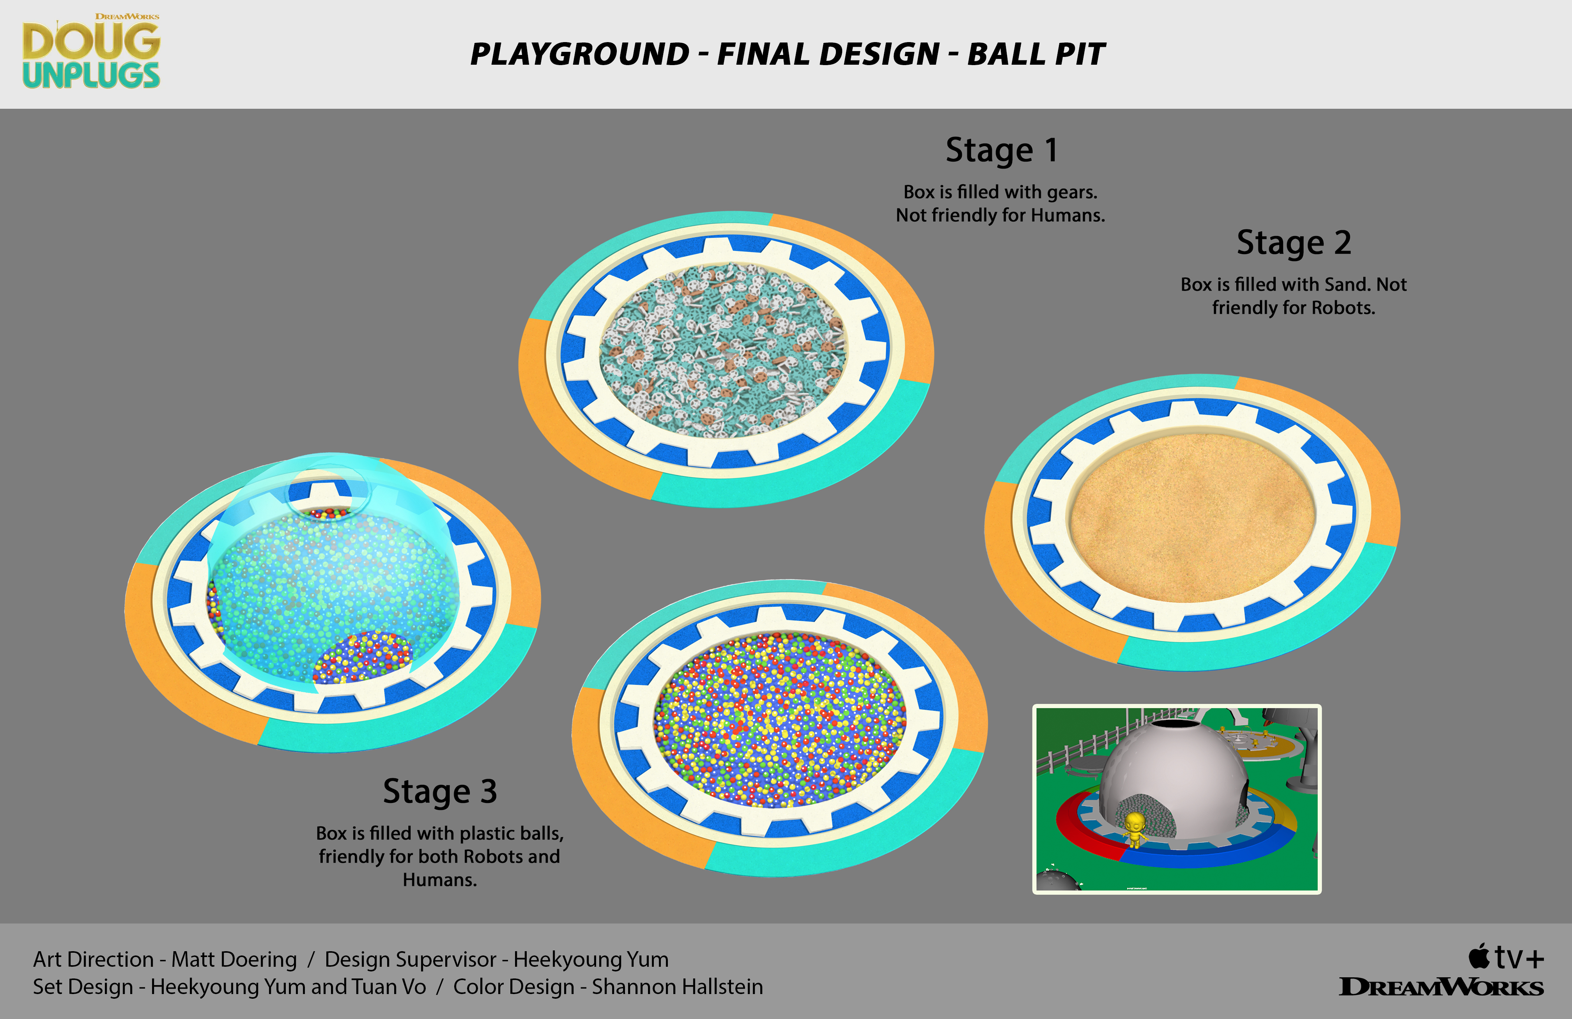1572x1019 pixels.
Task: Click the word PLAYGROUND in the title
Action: tap(580, 54)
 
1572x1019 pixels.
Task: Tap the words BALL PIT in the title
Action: tap(1036, 54)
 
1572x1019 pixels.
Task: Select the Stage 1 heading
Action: tap(1001, 150)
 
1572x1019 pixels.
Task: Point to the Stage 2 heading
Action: tap(1294, 243)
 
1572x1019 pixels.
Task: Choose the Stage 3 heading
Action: tap(440, 791)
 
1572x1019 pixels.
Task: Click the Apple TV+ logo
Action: tap(1506, 957)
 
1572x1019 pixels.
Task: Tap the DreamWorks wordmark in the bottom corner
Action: tap(1441, 987)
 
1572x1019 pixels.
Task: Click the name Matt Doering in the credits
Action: tap(234, 960)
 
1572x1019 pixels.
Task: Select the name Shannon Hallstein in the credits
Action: tap(677, 987)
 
